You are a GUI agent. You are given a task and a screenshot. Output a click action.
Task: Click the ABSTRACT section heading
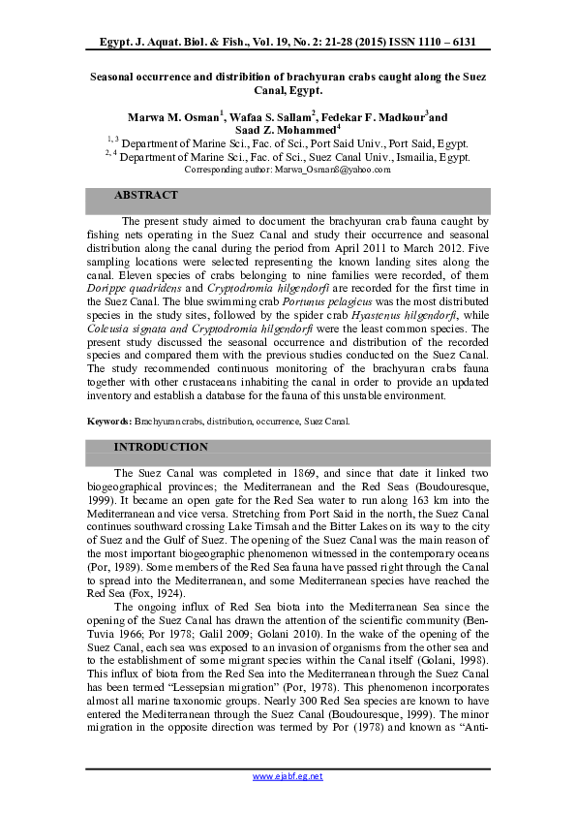146,196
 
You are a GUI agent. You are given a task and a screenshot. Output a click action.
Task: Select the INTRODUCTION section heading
161,447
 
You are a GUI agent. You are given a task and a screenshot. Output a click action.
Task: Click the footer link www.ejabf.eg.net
288,776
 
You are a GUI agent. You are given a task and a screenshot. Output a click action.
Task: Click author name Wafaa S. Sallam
281,116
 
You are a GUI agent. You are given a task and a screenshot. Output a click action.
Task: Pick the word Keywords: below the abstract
108,422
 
